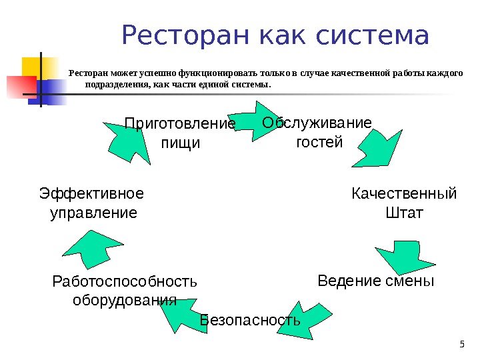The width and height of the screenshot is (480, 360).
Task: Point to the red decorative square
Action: (x=21, y=86)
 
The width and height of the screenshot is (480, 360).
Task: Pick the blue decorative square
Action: (x=53, y=90)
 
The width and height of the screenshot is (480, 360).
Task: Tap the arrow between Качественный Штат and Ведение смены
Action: (x=408, y=254)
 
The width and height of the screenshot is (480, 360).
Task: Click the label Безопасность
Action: (x=250, y=321)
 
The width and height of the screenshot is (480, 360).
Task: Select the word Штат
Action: (x=404, y=213)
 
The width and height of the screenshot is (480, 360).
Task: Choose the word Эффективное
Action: (x=91, y=194)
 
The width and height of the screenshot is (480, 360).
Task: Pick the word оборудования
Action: (x=124, y=299)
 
